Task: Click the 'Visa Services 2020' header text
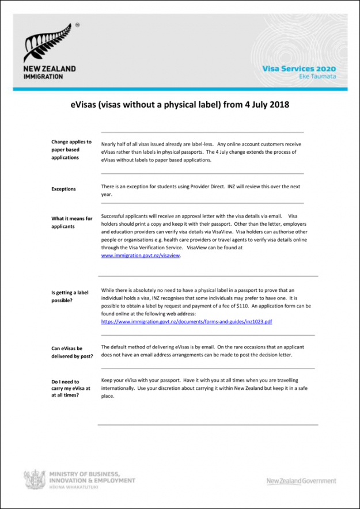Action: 299,68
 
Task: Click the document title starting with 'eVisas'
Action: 180,105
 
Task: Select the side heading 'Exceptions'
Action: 63,189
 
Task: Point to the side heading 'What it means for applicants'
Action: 71,222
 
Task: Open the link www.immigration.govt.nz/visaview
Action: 141,256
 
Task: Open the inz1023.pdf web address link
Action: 186,322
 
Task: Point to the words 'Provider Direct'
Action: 206,187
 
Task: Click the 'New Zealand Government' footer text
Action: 301,481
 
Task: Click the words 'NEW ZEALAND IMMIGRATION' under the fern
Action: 49,72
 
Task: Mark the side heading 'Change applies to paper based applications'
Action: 71,149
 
